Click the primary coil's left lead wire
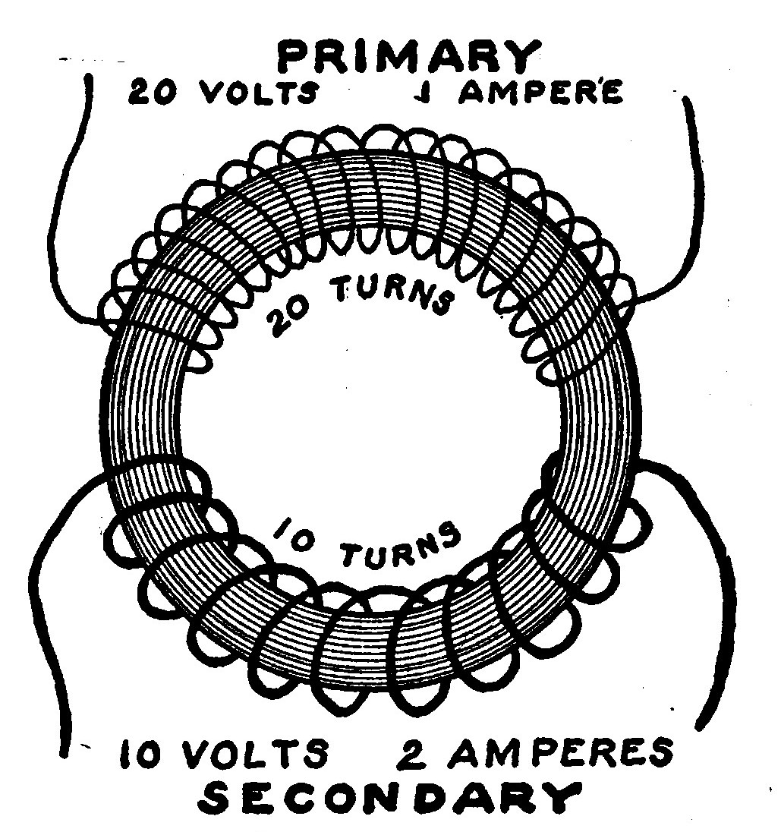pyautogui.click(x=65, y=213)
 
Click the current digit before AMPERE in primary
pyautogui.click(x=419, y=93)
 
